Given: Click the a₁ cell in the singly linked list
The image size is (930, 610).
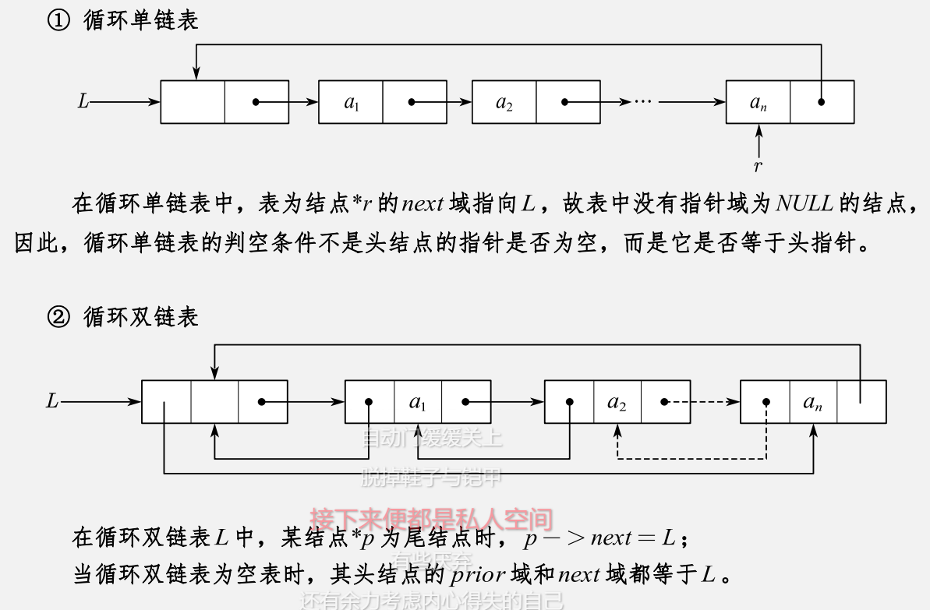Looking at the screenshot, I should [351, 102].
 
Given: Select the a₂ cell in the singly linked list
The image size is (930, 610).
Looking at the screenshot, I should [504, 102].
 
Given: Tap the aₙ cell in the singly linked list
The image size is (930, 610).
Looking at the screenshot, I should [758, 102].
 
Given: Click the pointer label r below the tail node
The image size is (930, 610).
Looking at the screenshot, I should [758, 166].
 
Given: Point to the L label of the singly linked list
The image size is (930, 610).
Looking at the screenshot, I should [83, 101].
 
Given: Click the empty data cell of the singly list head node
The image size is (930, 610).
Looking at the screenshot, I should [193, 102].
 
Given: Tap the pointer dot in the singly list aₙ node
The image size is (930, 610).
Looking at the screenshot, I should [822, 102].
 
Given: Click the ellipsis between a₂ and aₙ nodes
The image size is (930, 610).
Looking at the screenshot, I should [643, 102].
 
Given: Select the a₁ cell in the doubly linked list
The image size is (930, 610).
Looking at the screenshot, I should [418, 403].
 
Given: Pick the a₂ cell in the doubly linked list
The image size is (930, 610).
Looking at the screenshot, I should [617, 403].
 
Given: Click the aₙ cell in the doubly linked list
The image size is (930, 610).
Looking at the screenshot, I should [813, 403].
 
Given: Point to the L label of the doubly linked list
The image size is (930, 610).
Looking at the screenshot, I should [52, 402].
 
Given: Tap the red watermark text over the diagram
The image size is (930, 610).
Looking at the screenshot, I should [431, 519].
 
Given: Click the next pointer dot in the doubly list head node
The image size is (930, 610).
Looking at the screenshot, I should [263, 402].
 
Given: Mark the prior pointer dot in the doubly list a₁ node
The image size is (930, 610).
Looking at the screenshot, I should [369, 403].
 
